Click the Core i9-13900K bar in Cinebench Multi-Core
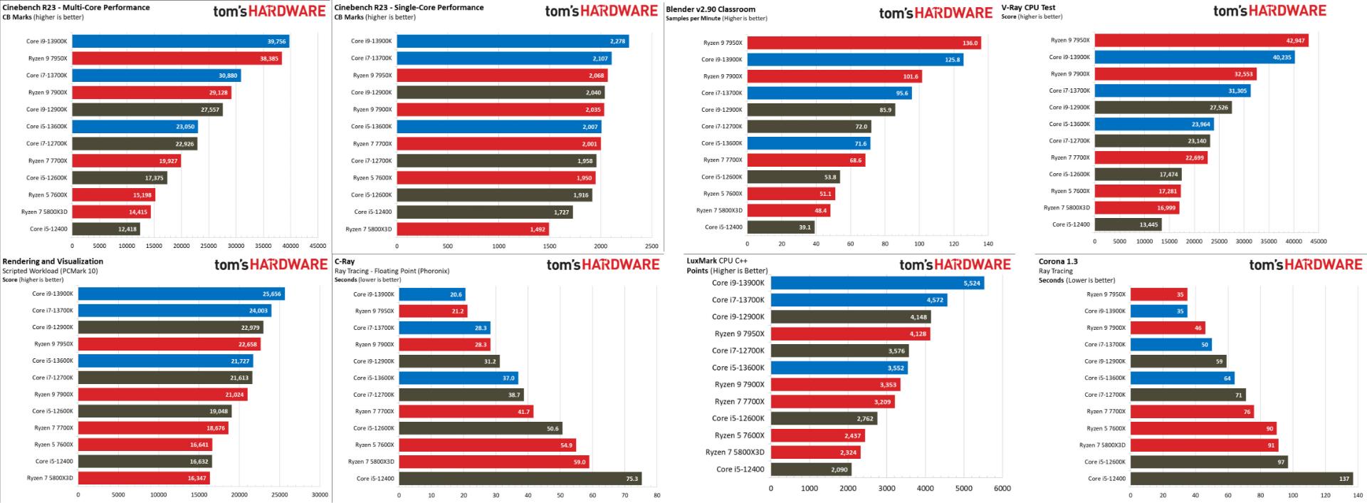click(180, 41)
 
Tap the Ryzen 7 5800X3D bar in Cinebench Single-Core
click(473, 229)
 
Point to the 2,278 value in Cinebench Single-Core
click(618, 41)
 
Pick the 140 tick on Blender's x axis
click(988, 243)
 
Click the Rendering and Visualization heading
click(53, 261)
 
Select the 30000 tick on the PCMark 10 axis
click(320, 494)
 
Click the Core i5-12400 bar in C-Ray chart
click(520, 479)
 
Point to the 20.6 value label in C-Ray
click(456, 294)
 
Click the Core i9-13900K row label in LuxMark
click(738, 283)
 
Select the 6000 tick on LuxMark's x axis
click(1002, 489)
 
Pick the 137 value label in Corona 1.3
click(1344, 479)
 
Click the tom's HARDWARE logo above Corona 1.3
click(1306, 264)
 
